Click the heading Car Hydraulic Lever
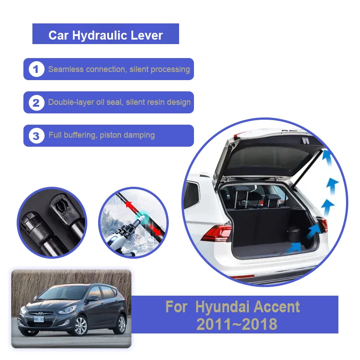(106, 35)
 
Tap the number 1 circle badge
(36, 69)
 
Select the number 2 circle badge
(36, 103)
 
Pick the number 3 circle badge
(36, 135)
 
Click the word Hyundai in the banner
(221, 307)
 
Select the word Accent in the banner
(274, 307)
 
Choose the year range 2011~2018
(237, 324)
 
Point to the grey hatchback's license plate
(39, 319)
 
